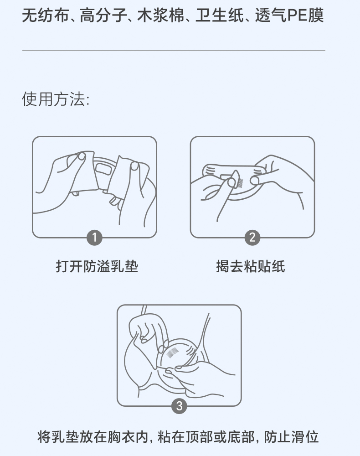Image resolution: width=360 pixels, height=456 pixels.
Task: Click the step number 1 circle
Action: coord(94,238)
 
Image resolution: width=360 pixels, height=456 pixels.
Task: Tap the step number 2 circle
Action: coord(252,238)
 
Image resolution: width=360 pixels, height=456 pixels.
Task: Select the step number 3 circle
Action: coord(179,406)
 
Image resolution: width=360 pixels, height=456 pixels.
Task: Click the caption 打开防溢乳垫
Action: coord(97,266)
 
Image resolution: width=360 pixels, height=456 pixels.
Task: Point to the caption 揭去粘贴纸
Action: coord(251,266)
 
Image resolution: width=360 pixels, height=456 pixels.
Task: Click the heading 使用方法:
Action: coord(56,99)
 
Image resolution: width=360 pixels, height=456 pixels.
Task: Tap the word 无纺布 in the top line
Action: coord(46,15)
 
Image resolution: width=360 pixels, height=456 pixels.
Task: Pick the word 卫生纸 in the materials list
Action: coord(219,15)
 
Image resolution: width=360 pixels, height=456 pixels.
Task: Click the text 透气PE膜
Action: coord(289,15)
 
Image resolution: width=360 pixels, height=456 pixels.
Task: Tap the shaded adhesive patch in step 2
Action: coord(240,183)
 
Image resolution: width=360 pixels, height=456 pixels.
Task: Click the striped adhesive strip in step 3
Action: coord(172,353)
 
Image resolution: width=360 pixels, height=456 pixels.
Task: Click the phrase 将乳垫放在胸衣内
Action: coord(93,437)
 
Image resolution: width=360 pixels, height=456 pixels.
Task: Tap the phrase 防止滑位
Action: coord(292,437)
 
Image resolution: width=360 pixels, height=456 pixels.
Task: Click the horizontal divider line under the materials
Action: coord(174,50)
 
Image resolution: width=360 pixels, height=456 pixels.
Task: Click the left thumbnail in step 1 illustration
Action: coord(82,156)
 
